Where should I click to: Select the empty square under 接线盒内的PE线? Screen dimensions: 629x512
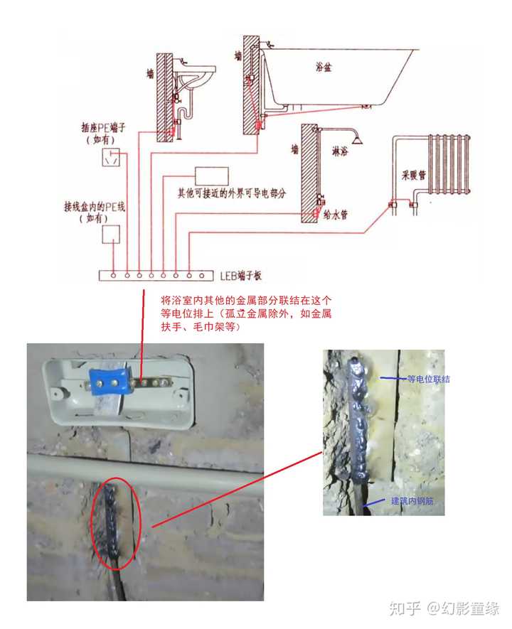tap(111, 234)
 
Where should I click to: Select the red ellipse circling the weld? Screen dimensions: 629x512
tap(117, 523)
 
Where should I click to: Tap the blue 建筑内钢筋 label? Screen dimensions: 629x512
tap(412, 502)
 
